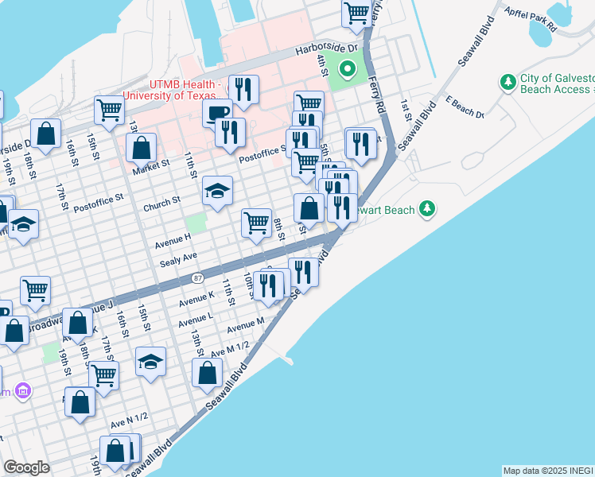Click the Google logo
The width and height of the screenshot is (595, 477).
[x=26, y=467]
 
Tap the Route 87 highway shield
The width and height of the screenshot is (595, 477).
[x=196, y=278]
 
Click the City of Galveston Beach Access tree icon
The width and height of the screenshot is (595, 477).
[x=507, y=82]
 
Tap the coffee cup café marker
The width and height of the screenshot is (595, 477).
[x=217, y=113]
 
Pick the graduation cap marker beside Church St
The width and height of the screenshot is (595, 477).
[x=217, y=192]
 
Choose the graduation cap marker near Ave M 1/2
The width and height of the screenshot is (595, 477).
[x=150, y=363]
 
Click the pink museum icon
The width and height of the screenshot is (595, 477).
[x=23, y=391]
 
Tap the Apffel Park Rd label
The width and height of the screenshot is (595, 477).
[x=530, y=18]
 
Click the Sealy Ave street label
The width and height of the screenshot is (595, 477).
[x=178, y=258]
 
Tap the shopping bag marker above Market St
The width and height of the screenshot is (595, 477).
[x=141, y=148]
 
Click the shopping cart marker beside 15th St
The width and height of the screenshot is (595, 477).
[x=109, y=111]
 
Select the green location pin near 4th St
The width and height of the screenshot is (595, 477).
[x=347, y=68]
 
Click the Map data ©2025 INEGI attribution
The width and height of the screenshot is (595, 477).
[x=548, y=471]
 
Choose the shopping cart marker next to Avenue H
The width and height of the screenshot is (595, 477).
[x=256, y=223]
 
